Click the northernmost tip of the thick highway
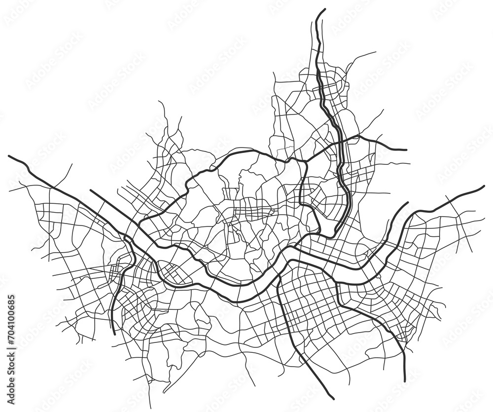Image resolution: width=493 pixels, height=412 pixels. point(324,9)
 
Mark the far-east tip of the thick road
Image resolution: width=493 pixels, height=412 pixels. point(484,187)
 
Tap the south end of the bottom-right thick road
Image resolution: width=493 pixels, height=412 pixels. point(404,380)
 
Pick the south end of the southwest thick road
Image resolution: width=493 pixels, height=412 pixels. point(114,334)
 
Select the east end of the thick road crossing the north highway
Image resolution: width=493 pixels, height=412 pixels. point(405,149)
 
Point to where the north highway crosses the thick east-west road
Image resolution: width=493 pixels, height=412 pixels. point(340,143)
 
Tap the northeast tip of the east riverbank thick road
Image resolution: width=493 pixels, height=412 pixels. point(407,203)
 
